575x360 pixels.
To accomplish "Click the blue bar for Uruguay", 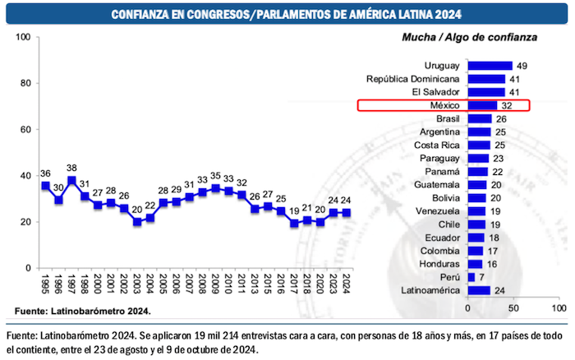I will click(x=490, y=66).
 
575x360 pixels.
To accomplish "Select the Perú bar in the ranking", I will click(x=471, y=277).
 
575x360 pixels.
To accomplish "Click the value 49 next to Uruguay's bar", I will click(x=522, y=66).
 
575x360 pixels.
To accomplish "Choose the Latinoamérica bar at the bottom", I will click(x=479, y=290).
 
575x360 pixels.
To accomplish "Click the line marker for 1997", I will click(x=72, y=181).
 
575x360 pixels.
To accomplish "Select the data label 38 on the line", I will click(x=72, y=167).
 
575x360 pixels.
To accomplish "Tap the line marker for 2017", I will click(x=294, y=224).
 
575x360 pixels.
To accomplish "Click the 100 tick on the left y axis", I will click(x=23, y=37).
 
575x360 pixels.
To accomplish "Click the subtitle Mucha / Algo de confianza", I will click(x=469, y=37).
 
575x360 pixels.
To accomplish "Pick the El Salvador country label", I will click(x=435, y=92).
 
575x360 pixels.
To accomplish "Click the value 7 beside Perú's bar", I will click(x=481, y=277).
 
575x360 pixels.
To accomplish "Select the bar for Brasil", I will click(x=480, y=118).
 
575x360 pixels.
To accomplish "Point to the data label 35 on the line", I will click(x=216, y=175).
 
